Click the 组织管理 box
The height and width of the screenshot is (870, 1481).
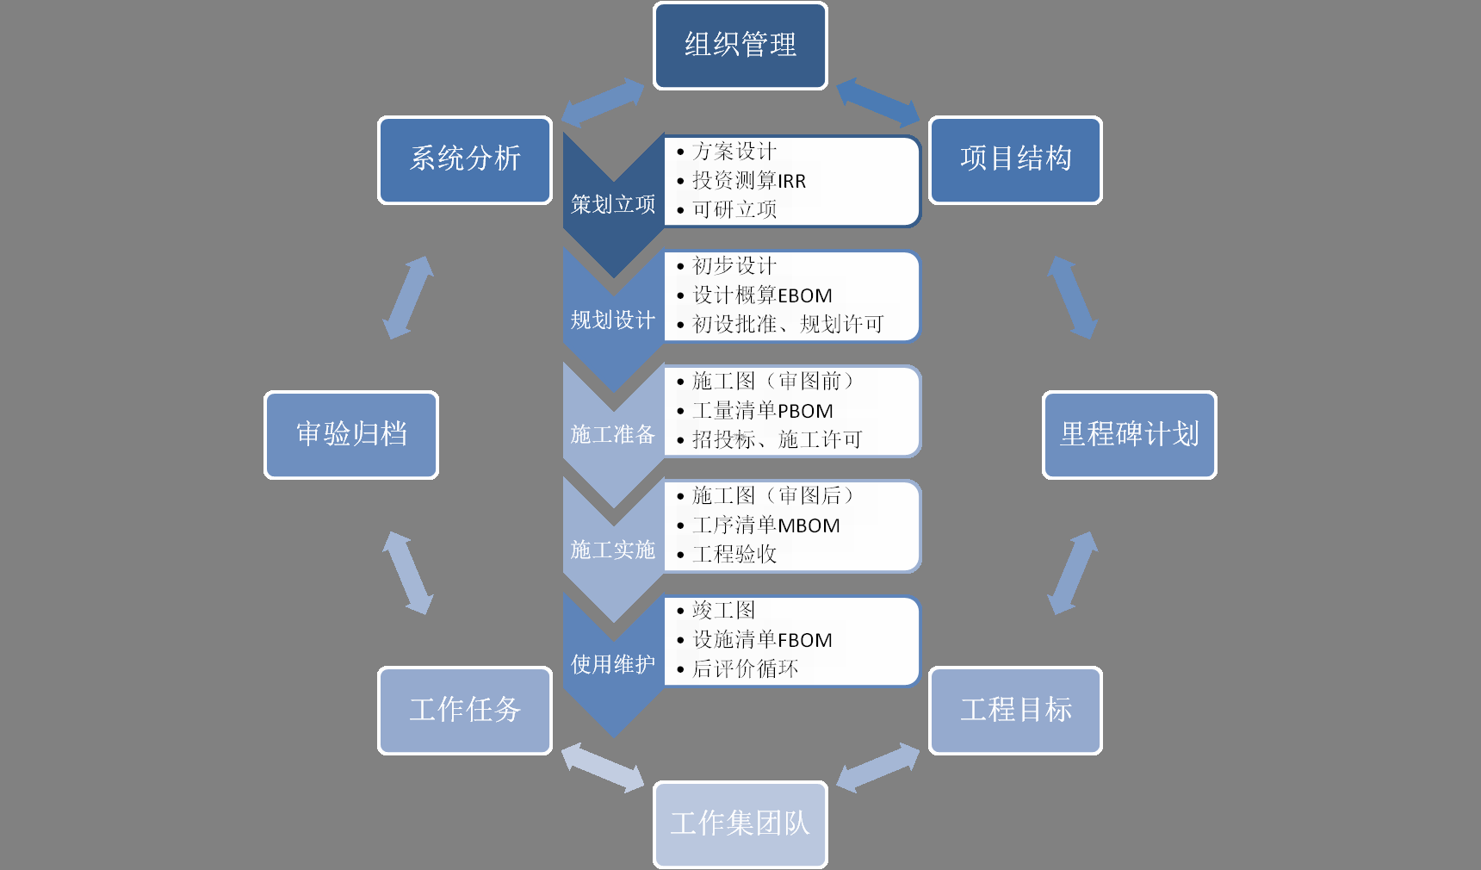pyautogui.click(x=740, y=46)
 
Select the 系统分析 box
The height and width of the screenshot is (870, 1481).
pyautogui.click(x=465, y=160)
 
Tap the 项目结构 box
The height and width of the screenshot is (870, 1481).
pyautogui.click(x=1015, y=160)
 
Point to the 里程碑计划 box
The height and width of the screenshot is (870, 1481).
pyautogui.click(x=1129, y=435)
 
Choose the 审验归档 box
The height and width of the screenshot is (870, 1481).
pyautogui.click(x=351, y=435)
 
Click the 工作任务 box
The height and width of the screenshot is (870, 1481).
pyautogui.click(x=465, y=711)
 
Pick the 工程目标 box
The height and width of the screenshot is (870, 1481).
pyautogui.click(x=1015, y=711)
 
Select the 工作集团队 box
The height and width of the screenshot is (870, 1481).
pyautogui.click(x=740, y=824)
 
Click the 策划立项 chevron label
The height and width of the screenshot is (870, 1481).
pyautogui.click(x=613, y=205)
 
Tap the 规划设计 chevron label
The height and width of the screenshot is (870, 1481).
pyautogui.click(x=613, y=320)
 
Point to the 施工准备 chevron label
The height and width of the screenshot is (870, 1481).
pyautogui.click(x=613, y=435)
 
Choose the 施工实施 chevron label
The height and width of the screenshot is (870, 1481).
pyautogui.click(x=613, y=550)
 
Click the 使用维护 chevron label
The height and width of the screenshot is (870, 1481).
pyautogui.click(x=613, y=664)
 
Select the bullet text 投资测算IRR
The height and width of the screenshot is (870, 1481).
pyautogui.click(x=749, y=181)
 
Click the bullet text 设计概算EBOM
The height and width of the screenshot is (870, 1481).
pyautogui.click(x=762, y=295)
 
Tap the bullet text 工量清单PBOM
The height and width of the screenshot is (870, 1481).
pyautogui.click(x=763, y=411)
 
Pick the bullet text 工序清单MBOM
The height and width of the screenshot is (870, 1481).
pyautogui.click(x=765, y=525)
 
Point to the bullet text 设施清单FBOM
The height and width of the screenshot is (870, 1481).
pyautogui.click(x=762, y=640)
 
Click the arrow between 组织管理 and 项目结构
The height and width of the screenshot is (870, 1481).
pyautogui.click(x=877, y=102)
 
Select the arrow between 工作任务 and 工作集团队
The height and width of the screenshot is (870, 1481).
pyautogui.click(x=603, y=767)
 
